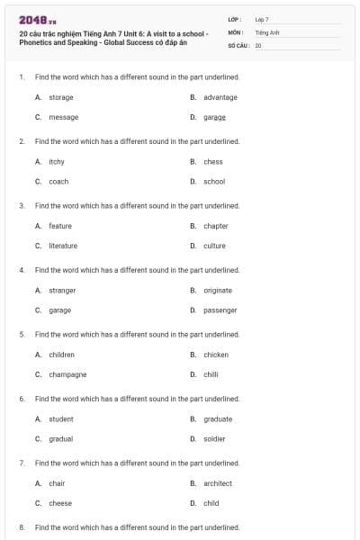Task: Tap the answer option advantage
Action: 220,97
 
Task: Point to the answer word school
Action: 214,182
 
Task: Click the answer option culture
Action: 214,246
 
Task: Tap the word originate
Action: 218,291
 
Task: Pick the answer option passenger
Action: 220,310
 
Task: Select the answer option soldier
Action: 214,439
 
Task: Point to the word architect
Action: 218,483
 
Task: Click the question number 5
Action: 21,334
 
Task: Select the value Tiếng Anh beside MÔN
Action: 267,31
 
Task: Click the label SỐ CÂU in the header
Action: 238,44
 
